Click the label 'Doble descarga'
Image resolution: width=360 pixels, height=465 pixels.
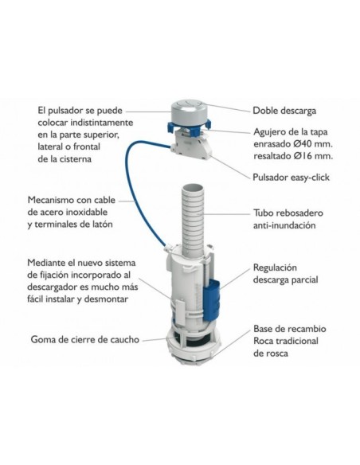(286, 111)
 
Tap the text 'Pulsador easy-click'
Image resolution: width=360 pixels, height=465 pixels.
(292, 177)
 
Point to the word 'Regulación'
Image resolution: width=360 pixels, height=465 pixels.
(279, 268)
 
